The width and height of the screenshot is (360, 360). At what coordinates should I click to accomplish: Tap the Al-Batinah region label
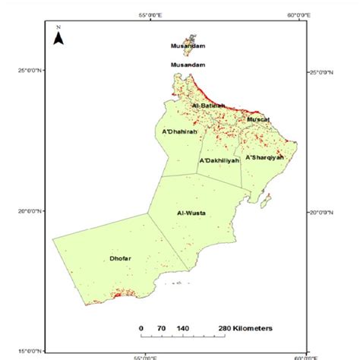click(206, 105)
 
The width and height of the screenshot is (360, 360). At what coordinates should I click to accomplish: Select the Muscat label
click(258, 119)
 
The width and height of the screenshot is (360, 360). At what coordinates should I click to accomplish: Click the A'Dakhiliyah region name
click(219, 161)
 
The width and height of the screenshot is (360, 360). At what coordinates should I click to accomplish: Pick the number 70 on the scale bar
click(161, 327)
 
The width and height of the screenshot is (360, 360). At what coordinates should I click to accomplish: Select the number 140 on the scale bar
click(183, 327)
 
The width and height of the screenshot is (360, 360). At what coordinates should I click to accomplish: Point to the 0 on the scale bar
click(142, 327)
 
